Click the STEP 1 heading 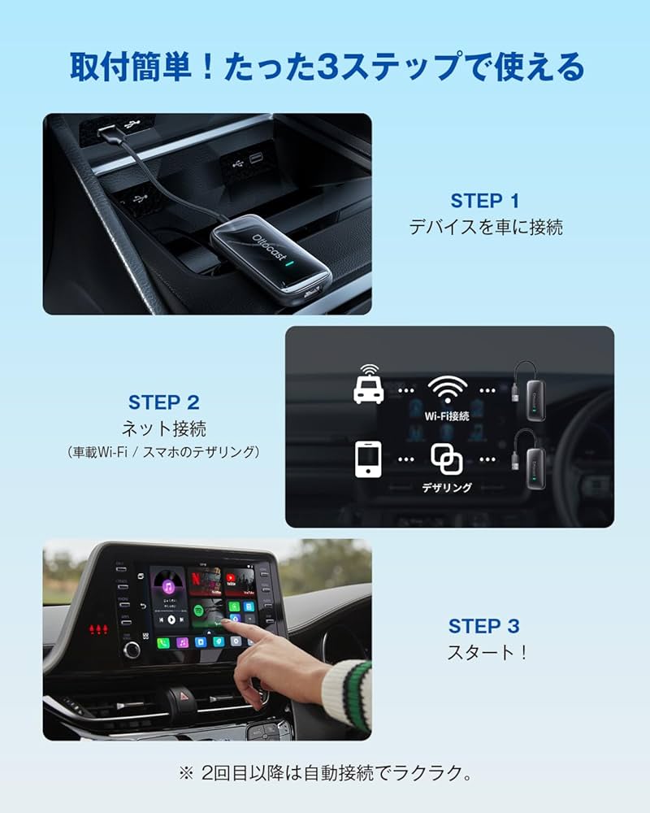pos(484,201)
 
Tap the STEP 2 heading pos(163,402)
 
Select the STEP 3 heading pos(484,626)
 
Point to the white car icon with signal pos(369,384)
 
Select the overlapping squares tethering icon pos(446,459)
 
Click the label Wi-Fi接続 pos(447,415)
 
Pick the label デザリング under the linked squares pos(446,488)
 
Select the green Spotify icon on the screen pos(198,610)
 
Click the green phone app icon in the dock pos(162,642)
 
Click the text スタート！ pos(487,652)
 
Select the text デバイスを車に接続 pos(485,228)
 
